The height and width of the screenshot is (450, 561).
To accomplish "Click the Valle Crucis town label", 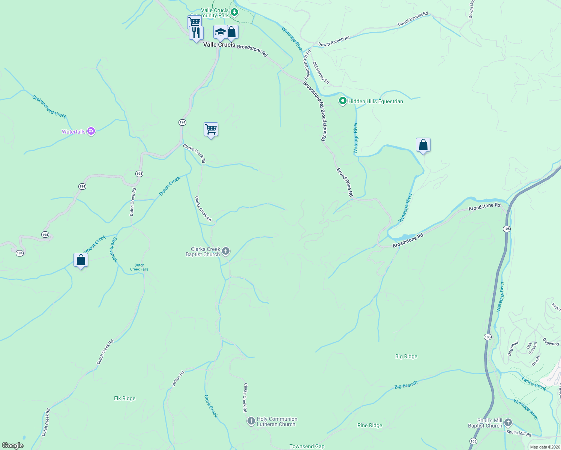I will [x=219, y=45].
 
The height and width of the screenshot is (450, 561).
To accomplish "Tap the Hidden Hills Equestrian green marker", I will [x=342, y=101].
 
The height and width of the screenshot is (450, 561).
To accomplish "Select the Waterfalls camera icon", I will [x=91, y=131].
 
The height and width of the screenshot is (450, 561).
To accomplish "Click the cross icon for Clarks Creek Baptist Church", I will [x=225, y=251].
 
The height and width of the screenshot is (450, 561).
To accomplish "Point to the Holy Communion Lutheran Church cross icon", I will [x=251, y=421].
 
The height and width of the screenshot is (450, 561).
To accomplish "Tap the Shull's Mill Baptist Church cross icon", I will [x=508, y=423].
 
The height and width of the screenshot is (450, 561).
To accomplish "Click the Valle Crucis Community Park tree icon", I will [x=234, y=12].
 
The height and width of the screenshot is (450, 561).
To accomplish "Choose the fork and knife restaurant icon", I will [x=196, y=33].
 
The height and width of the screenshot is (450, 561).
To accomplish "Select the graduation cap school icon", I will [x=220, y=32].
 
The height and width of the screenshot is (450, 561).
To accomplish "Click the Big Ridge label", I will [x=406, y=356].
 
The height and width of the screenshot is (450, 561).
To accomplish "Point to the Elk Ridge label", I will [x=124, y=398].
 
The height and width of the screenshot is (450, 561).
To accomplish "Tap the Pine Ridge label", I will [x=370, y=425].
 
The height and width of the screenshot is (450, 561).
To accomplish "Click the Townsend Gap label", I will [x=307, y=446].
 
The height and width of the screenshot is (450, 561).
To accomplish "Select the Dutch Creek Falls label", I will [x=139, y=267].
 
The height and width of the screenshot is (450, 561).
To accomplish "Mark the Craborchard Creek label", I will [x=49, y=106].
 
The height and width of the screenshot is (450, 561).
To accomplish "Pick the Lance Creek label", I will [x=534, y=384].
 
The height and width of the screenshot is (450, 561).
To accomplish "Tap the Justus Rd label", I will [x=178, y=378].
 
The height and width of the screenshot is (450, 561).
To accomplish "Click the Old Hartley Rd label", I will [x=321, y=73].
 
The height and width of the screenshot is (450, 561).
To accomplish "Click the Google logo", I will [x=13, y=445].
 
